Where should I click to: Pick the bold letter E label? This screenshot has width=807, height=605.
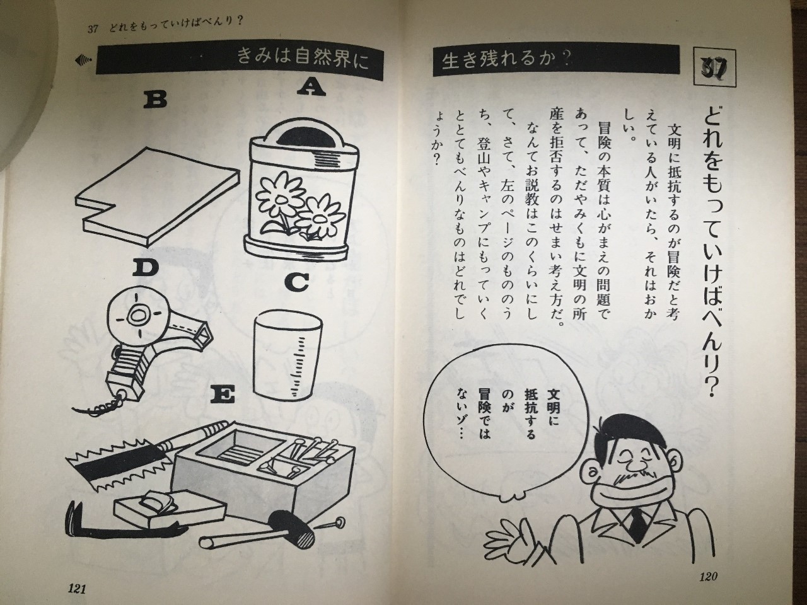[223, 396]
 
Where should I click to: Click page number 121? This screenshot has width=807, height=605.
[76, 589]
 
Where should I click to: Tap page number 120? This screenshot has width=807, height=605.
[708, 577]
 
